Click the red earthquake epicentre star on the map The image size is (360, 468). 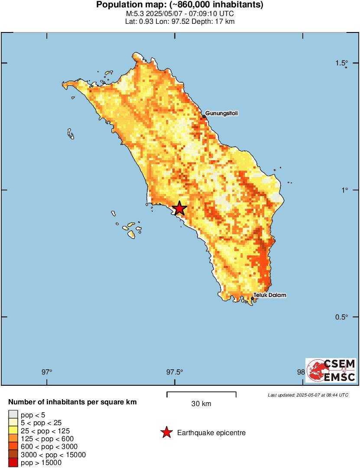179,208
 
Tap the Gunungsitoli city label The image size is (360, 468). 221,113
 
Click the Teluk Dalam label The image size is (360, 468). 270,295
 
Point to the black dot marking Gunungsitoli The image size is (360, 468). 204,116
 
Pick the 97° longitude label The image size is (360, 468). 47,371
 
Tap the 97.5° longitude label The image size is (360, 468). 175,371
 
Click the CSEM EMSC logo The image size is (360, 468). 331,370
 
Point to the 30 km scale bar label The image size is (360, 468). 201,404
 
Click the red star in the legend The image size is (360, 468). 166,432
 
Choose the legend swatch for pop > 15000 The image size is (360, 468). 13,463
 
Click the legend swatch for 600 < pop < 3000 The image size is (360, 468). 13,447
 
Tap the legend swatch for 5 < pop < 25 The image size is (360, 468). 13,423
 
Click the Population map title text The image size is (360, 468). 180,5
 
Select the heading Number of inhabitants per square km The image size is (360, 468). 72,402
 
